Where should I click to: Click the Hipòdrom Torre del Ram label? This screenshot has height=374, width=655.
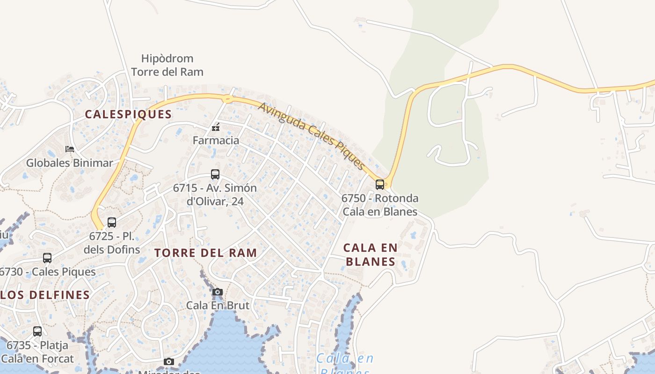click(x=167, y=65)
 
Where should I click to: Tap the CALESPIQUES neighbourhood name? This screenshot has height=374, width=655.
click(x=128, y=114)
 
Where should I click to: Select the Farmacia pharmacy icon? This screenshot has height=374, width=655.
click(x=216, y=127)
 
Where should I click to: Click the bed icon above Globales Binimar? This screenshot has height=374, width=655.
click(x=70, y=149)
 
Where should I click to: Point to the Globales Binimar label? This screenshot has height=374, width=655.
click(x=70, y=163)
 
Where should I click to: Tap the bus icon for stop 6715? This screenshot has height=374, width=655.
click(x=215, y=174)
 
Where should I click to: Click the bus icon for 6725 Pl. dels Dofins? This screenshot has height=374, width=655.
click(x=112, y=222)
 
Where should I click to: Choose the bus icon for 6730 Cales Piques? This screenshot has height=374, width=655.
click(x=47, y=258)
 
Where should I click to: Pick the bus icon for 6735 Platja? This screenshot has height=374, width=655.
click(x=37, y=331)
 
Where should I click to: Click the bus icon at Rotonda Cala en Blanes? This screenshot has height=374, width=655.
click(x=380, y=184)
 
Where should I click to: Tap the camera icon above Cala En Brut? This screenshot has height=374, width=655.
click(x=218, y=292)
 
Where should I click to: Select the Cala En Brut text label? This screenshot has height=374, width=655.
click(x=218, y=305)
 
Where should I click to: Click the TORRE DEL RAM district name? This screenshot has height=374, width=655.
click(x=206, y=253)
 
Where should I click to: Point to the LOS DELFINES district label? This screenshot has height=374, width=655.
click(x=45, y=295)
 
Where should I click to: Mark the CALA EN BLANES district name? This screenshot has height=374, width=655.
click(x=371, y=254)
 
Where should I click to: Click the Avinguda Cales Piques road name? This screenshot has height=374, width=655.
click(x=311, y=136)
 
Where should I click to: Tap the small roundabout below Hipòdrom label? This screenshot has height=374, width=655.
click(x=227, y=99)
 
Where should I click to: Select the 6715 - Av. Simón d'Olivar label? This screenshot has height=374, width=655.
click(x=215, y=194)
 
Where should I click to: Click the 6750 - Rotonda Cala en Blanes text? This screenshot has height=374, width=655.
click(x=380, y=205)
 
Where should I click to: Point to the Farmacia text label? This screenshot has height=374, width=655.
click(x=216, y=140)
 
